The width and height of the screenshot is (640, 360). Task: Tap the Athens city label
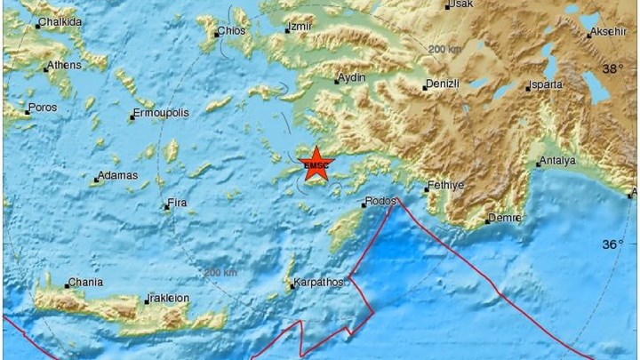tap(64, 65)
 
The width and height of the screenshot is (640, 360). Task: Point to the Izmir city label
tap(300, 28)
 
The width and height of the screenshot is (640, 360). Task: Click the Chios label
tap(232, 32)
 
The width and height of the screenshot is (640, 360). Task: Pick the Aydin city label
tap(353, 79)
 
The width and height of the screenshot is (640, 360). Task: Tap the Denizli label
tap(441, 84)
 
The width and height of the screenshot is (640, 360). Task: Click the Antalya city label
tap(558, 161)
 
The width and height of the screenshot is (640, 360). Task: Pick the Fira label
tap(176, 206)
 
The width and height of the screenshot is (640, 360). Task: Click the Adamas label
tap(118, 176)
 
